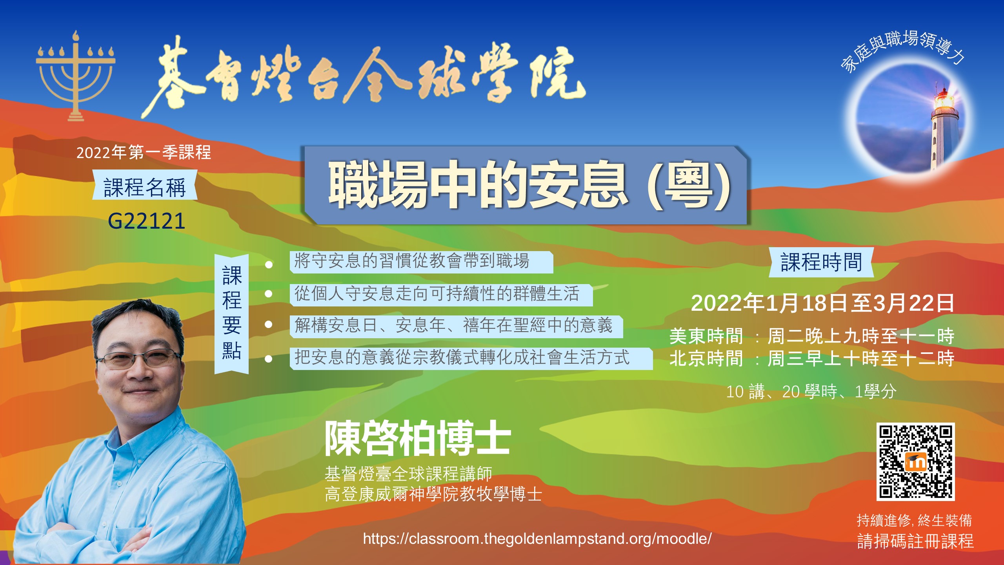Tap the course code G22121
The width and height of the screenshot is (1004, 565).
(x=146, y=221)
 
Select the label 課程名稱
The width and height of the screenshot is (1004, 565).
(x=145, y=187)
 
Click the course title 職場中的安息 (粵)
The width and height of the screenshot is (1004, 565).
(x=529, y=184)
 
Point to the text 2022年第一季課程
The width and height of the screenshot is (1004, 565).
(x=144, y=152)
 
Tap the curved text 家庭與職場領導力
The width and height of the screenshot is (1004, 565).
(x=902, y=49)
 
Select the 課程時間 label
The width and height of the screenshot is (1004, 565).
(x=821, y=262)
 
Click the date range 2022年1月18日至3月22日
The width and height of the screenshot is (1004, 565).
(x=822, y=303)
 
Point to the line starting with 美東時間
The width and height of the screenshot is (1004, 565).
(x=812, y=336)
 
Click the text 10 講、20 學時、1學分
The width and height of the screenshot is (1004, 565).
(x=811, y=392)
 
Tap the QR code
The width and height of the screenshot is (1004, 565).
(x=915, y=462)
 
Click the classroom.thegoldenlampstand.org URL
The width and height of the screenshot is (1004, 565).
(x=537, y=539)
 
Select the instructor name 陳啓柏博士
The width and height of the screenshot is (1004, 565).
(x=418, y=438)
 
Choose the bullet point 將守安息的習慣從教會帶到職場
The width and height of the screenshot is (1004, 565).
(x=412, y=261)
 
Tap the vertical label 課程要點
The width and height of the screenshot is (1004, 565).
(x=232, y=313)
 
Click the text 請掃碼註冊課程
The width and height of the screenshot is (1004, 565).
(x=915, y=541)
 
